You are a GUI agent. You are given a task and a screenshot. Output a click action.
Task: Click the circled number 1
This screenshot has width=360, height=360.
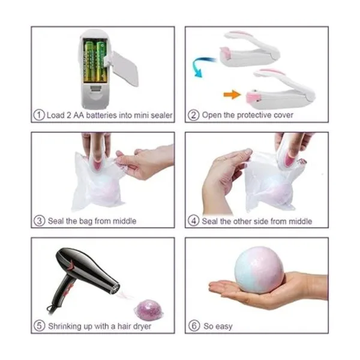[39, 115]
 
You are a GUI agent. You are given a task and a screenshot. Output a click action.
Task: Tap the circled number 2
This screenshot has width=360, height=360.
[193, 115]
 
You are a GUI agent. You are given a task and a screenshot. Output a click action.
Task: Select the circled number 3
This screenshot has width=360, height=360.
[39, 221]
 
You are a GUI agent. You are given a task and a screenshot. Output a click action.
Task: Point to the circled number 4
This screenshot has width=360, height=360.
[194, 221]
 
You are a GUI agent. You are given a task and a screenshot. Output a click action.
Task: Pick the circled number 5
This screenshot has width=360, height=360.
[39, 326]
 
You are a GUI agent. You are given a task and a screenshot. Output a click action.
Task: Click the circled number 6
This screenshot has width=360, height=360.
[194, 326]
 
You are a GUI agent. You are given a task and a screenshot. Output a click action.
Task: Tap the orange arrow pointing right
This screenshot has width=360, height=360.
[232, 94]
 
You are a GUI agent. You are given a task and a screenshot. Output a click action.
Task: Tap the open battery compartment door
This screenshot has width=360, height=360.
[123, 68]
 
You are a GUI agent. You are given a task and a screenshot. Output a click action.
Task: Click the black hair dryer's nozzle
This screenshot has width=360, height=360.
[115, 289]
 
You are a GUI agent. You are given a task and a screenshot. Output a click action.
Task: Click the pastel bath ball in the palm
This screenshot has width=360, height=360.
[259, 270]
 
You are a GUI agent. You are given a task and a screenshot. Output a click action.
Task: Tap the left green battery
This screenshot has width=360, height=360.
[89, 61]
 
